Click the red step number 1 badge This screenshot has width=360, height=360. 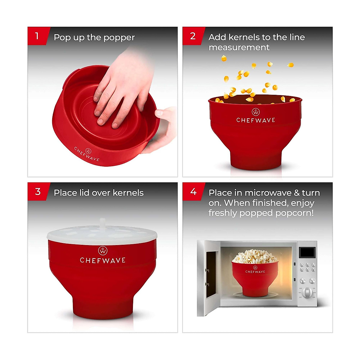click(x=37, y=36)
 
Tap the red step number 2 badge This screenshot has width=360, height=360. click(x=193, y=36)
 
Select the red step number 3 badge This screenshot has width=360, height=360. click(x=37, y=191)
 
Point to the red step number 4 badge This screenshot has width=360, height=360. click(x=193, y=191)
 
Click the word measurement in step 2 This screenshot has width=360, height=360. click(x=239, y=47)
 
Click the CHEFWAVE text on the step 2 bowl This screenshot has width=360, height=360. click(x=256, y=120)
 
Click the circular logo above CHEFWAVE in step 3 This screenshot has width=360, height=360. click(x=103, y=250)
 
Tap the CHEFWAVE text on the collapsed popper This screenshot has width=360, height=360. click(x=86, y=154)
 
